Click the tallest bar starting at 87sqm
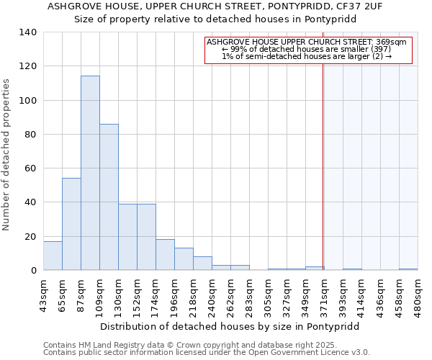[x=90, y=173]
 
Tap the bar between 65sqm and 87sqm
[x=71, y=224]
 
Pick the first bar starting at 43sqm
[x=53, y=256]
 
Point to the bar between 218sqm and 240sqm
[x=202, y=264]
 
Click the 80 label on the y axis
[x=31, y=135]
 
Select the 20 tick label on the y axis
[x=31, y=237]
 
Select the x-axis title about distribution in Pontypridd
[x=229, y=326]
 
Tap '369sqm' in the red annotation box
[x=392, y=42]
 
